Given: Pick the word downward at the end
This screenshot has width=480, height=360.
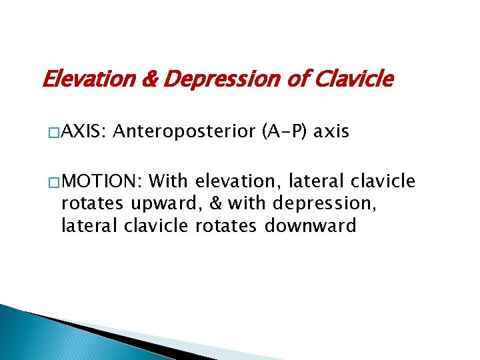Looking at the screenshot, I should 310,226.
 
